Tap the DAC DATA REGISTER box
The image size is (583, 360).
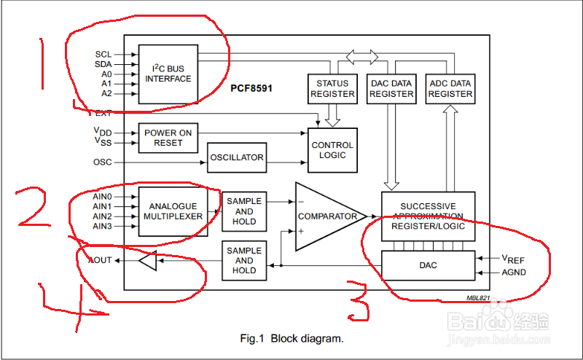click(x=391, y=88)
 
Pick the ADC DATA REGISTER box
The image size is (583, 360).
click(x=450, y=88)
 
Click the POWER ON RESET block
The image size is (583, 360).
click(x=168, y=138)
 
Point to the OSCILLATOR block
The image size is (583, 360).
click(x=236, y=158)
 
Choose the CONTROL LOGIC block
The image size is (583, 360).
click(x=332, y=150)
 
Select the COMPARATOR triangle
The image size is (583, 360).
click(x=325, y=216)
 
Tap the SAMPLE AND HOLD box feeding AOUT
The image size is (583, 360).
click(x=244, y=260)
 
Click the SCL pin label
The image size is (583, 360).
click(x=103, y=55)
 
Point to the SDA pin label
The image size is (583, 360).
click(x=103, y=64)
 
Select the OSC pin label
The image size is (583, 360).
click(x=103, y=162)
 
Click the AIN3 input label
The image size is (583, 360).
click(x=103, y=227)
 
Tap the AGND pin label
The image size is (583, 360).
click(x=513, y=273)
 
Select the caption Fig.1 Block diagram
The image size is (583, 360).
click(x=291, y=339)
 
